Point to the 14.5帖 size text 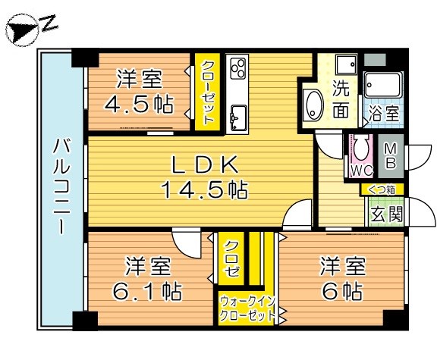(x=203, y=189)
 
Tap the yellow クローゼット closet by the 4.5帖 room (x=207, y=93)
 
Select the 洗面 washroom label (x=341, y=99)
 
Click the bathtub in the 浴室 (x=382, y=86)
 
